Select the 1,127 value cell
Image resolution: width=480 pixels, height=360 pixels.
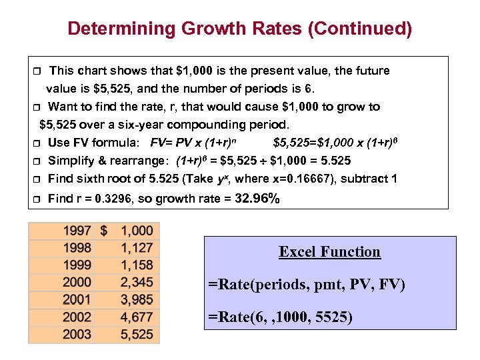(x=137, y=249)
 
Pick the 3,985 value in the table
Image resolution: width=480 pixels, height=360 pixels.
(x=137, y=300)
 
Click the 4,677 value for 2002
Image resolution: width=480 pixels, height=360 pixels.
(x=137, y=317)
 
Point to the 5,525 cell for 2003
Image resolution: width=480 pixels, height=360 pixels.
(x=137, y=335)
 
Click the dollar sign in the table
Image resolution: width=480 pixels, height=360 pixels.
(x=104, y=231)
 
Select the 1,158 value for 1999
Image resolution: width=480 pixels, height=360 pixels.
(x=137, y=265)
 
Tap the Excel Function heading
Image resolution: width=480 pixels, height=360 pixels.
(x=329, y=252)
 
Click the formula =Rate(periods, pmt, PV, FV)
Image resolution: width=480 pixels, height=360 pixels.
(x=306, y=285)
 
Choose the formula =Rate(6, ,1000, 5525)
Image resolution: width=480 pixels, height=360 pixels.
(x=280, y=317)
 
